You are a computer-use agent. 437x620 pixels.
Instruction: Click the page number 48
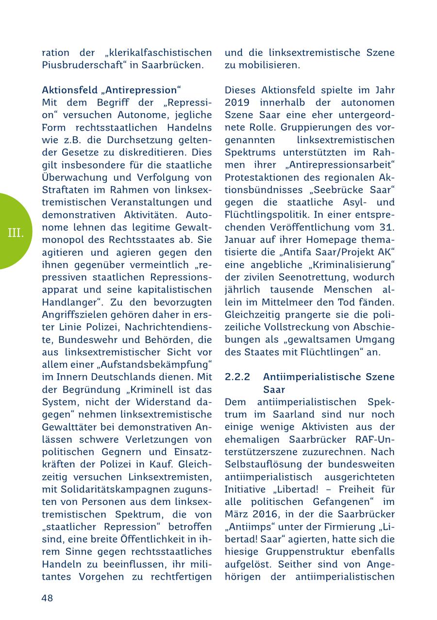(47, 598)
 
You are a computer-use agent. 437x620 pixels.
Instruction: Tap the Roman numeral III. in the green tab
(16, 233)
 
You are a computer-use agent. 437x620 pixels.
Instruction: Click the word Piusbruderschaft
(85, 65)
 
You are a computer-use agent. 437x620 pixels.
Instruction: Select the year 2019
(237, 103)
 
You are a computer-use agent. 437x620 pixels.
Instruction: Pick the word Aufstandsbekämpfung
(160, 364)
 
